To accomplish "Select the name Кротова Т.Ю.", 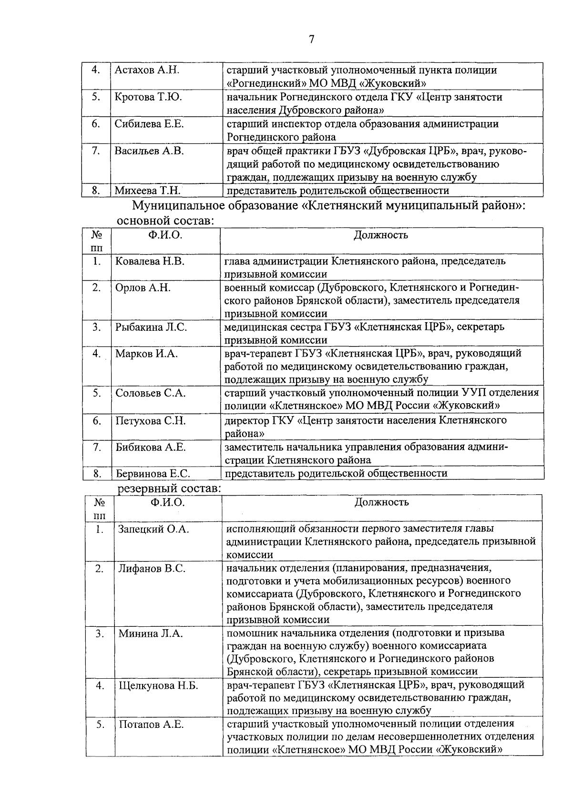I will coord(148,97).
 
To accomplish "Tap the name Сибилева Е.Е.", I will coord(149,124).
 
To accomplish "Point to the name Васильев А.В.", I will coord(149,151).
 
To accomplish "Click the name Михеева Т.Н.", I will coord(147,191).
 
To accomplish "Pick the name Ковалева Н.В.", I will coord(150,261).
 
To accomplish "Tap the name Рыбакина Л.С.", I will coord(151,327).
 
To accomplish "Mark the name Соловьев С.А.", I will coord(151,393).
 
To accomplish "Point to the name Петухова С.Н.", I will coord(151,421).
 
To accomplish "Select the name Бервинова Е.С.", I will coord(153,474).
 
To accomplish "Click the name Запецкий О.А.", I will coord(153,529).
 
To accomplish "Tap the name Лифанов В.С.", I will coord(152,569).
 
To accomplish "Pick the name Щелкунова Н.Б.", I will coord(158,686).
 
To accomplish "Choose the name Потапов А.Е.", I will coord(151,725).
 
